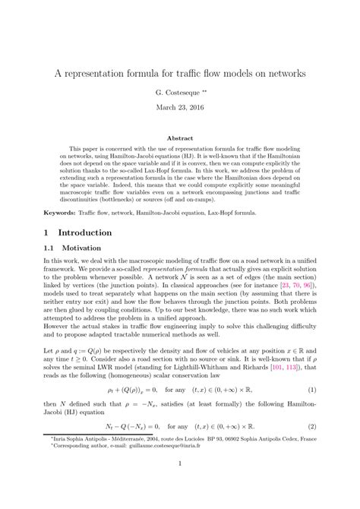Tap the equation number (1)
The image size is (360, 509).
point(312,410)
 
